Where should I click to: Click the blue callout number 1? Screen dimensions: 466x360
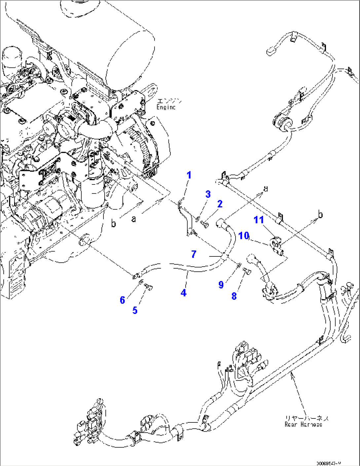click(189, 175)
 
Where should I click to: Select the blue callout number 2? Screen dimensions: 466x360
click(220, 204)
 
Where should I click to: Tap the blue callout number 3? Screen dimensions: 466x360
click(208, 194)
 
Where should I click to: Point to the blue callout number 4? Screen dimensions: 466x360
click(183, 292)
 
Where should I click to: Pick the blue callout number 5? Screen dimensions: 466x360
click(135, 310)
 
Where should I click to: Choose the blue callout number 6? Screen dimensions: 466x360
click(122, 300)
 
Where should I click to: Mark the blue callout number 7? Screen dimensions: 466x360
click(194, 254)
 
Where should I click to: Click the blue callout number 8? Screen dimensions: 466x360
click(234, 296)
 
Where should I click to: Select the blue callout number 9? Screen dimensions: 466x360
click(221, 284)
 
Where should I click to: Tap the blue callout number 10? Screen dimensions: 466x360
click(244, 236)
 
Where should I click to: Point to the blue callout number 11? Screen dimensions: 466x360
click(259, 219)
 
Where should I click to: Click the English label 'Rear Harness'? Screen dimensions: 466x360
click(303, 425)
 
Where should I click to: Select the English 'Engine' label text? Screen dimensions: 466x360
click(166, 107)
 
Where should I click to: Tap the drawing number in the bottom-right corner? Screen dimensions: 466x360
click(328, 463)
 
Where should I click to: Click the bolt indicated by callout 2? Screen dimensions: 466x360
click(204, 225)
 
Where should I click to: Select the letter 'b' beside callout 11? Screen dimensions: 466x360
click(320, 215)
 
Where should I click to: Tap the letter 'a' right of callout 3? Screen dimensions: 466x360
click(266, 188)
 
